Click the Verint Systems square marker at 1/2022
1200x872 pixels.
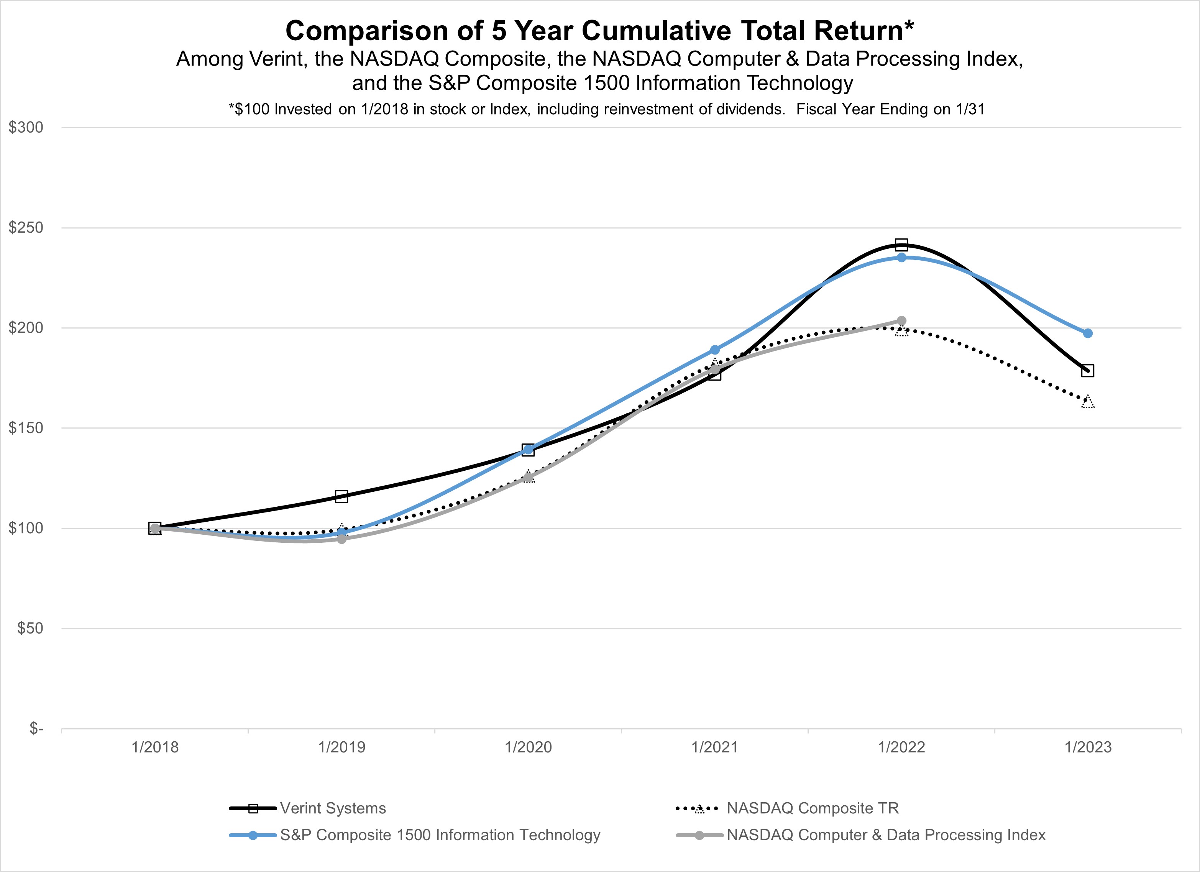pos(901,245)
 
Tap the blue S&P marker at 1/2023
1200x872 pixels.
pos(1088,333)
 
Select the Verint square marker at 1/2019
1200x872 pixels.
pos(341,496)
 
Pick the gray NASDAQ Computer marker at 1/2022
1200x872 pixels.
pos(901,321)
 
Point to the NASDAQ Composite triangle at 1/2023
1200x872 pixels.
pos(1088,402)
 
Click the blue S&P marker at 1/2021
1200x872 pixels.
pos(715,350)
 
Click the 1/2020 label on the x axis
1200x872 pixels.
pos(528,748)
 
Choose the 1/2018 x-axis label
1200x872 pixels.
pos(155,748)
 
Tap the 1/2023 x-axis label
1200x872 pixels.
pos(1088,748)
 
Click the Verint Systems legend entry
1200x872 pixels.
pos(333,808)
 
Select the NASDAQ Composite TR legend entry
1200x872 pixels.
pos(813,808)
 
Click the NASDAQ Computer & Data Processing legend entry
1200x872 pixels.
pos(886,835)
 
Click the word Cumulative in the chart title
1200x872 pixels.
pos(656,31)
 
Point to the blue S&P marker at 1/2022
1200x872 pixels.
pos(901,258)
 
